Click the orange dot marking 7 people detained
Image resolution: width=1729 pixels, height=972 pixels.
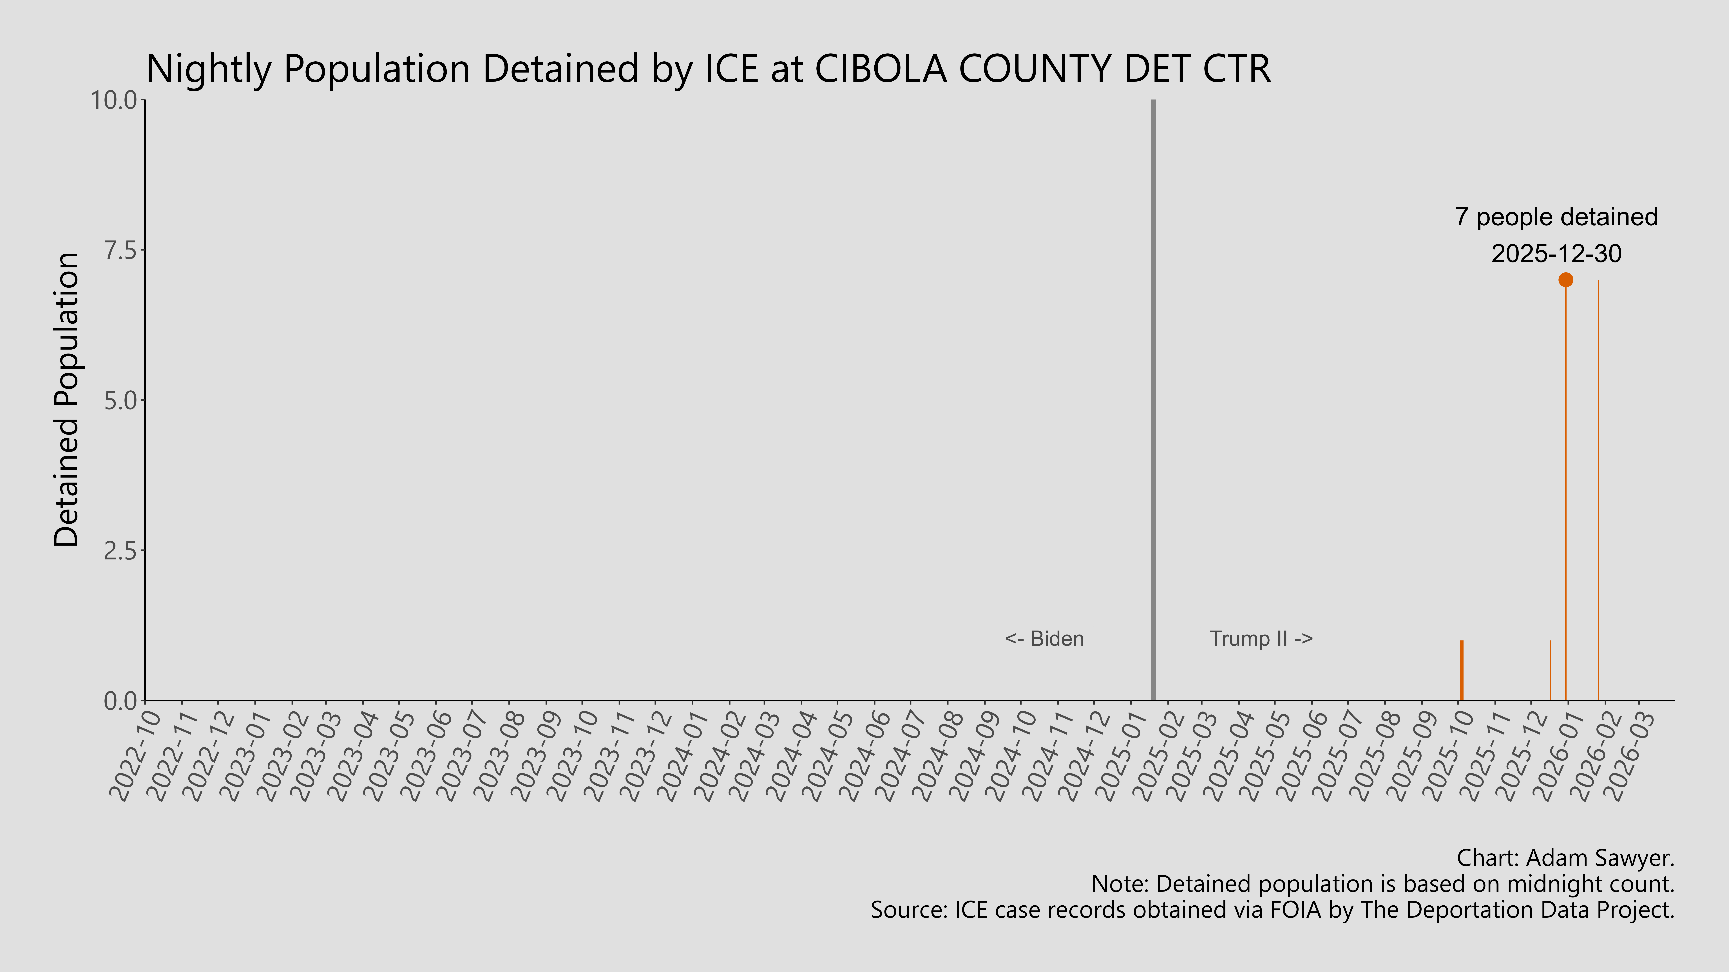point(1565,280)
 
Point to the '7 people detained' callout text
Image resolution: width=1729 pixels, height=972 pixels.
point(1556,217)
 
